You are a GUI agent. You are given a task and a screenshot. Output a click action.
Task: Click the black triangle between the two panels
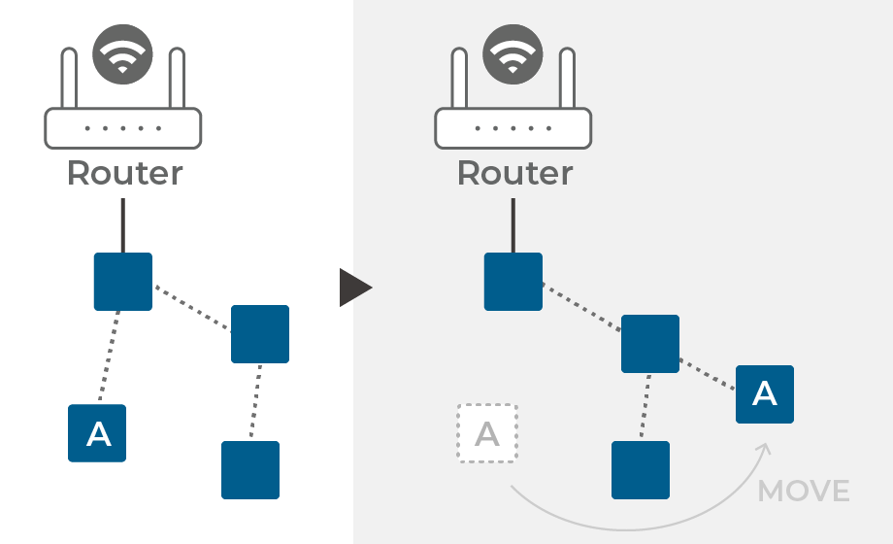pos(353,289)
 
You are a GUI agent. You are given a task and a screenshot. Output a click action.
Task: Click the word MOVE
pos(804,492)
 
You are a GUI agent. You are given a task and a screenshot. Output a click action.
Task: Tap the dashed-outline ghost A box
pos(487,433)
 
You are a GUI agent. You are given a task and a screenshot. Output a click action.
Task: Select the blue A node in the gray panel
pos(765,393)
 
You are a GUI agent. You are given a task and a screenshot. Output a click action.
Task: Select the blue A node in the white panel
pos(97,433)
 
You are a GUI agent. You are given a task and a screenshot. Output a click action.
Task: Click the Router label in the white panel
pos(124,174)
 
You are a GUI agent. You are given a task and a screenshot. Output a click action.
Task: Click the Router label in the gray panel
pos(514,174)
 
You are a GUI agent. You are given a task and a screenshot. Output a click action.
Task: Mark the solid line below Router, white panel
pos(122,224)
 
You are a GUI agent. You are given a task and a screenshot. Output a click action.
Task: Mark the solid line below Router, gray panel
pos(513,224)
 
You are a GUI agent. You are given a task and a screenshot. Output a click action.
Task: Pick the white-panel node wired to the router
pos(122,282)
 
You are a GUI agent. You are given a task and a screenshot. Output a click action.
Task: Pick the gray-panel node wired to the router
pos(513,282)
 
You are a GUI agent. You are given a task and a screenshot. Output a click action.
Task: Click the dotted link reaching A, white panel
pos(109,357)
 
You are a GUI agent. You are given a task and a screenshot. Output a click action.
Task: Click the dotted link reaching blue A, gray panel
pos(708,374)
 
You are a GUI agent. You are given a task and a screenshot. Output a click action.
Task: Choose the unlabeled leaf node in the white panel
pos(250,470)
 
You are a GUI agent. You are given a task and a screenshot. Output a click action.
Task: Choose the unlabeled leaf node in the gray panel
pos(641,470)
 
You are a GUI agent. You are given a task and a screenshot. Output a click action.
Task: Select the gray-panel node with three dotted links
pos(650,344)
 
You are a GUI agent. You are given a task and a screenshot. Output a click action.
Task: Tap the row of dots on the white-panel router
pos(123,127)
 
